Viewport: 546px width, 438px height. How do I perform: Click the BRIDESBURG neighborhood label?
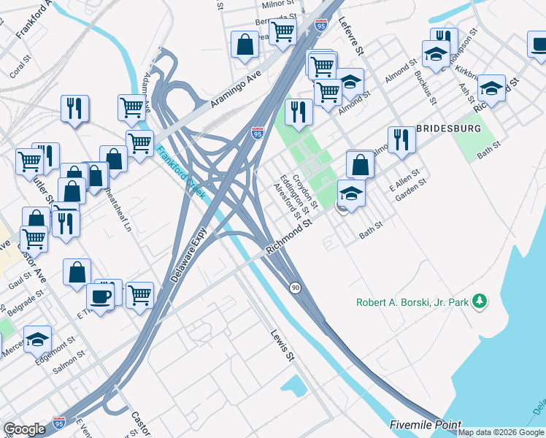click(448, 128)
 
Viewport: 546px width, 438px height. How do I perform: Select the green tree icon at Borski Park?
click(480, 300)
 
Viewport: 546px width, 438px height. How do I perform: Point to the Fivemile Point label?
click(425, 425)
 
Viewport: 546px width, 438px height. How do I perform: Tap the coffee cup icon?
click(100, 296)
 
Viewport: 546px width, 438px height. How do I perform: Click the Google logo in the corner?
click(24, 429)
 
